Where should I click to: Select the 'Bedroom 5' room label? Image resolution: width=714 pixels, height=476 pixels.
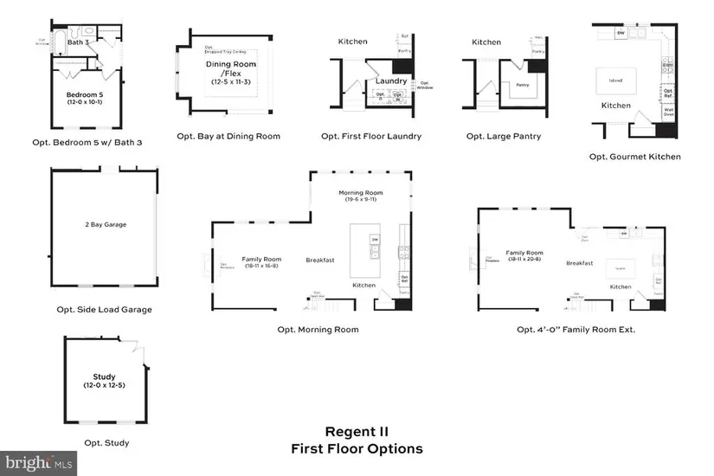(x=85, y=94)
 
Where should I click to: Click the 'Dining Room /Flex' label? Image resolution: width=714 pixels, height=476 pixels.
(x=228, y=69)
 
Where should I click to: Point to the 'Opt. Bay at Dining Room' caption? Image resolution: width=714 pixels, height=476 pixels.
(x=228, y=136)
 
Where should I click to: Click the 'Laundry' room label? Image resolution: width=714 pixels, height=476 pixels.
(x=391, y=80)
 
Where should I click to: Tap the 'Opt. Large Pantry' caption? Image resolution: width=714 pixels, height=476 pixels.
(x=503, y=136)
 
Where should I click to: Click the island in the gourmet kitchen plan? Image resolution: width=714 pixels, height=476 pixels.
(x=615, y=81)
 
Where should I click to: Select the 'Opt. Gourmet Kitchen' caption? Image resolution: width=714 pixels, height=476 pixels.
(x=634, y=157)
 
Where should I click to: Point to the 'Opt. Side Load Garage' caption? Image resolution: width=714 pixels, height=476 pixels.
(x=104, y=309)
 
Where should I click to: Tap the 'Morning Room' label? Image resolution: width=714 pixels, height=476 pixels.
(x=363, y=195)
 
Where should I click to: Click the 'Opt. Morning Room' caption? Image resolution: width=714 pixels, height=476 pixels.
(x=318, y=330)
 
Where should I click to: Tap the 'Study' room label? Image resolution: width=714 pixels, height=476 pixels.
(x=105, y=377)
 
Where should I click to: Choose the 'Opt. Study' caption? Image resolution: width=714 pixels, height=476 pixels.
(x=107, y=443)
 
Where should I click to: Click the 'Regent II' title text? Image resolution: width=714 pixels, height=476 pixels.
(x=357, y=432)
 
